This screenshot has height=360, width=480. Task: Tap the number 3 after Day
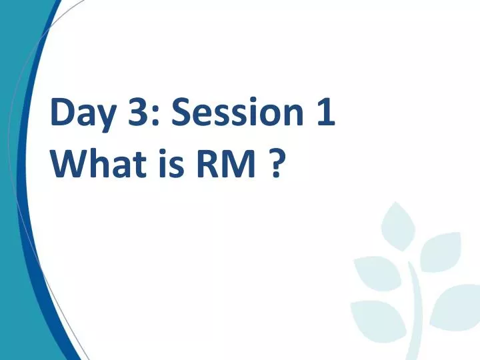point(139,113)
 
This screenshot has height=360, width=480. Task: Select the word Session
point(233,113)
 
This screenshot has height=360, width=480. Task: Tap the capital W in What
point(67,164)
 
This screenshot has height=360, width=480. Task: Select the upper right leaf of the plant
point(441,253)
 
